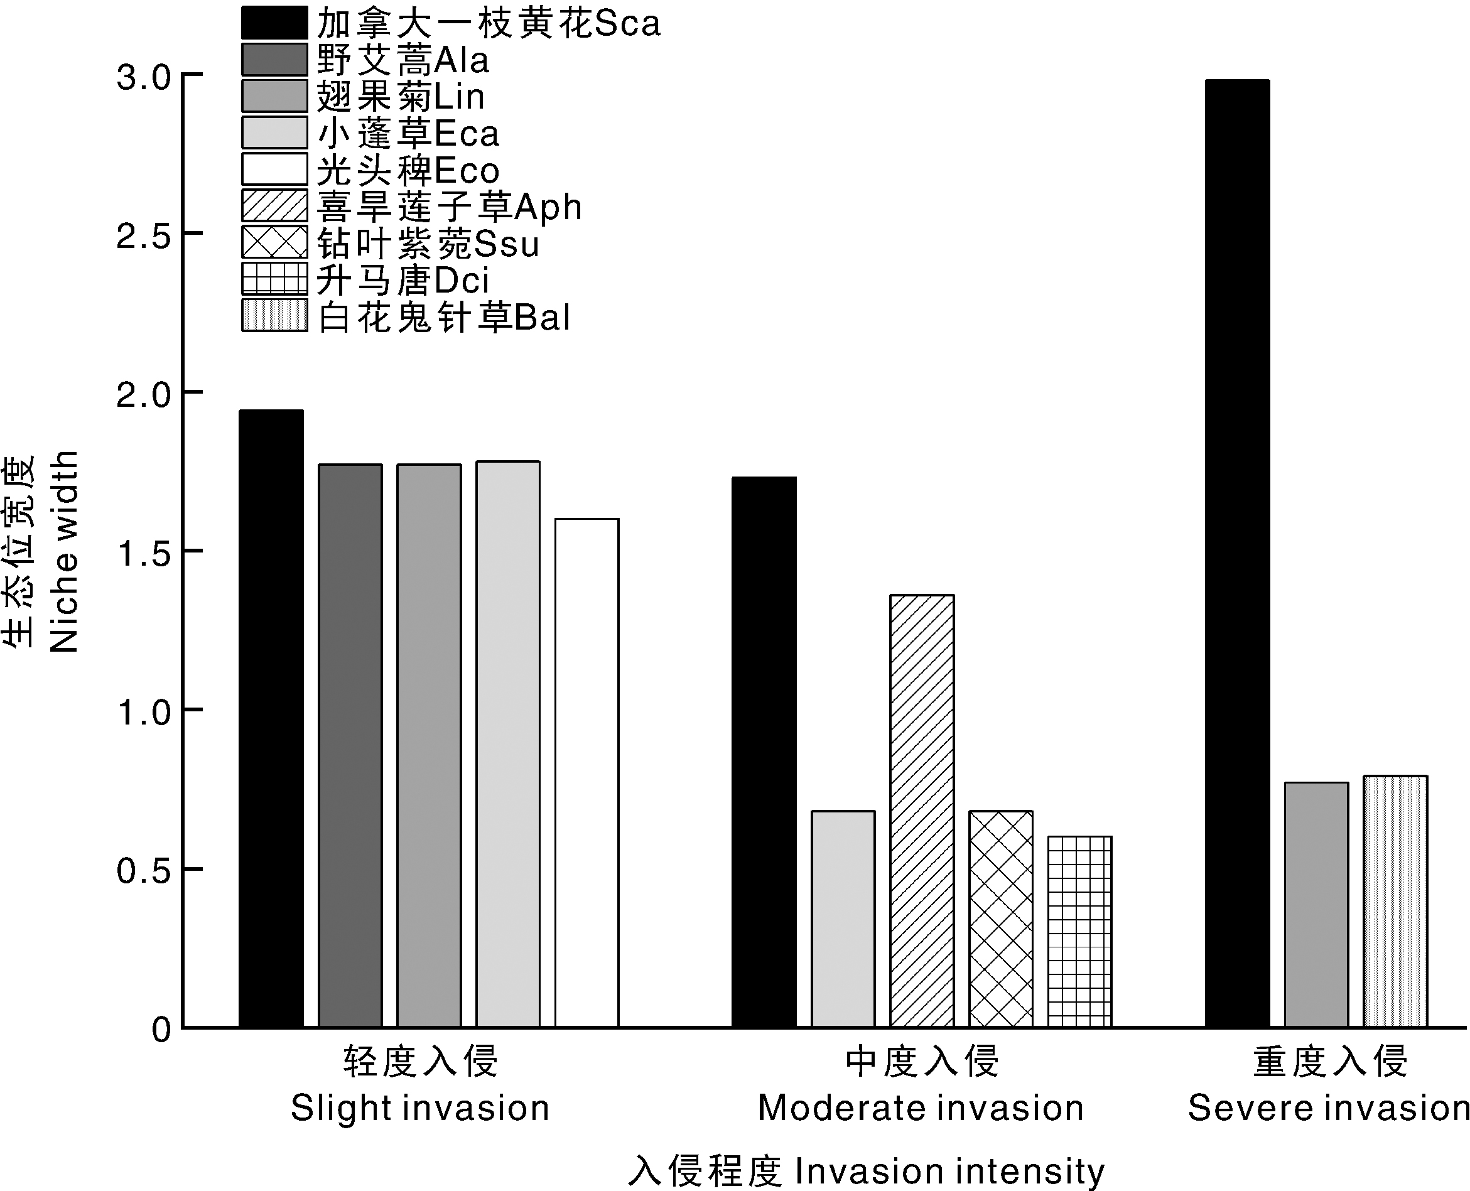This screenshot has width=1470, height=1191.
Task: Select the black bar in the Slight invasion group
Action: pyautogui.click(x=271, y=718)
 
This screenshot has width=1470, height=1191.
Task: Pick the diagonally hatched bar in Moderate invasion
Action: pyautogui.click(x=922, y=811)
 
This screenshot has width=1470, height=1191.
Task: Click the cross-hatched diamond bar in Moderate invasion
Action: pyautogui.click(x=1000, y=919)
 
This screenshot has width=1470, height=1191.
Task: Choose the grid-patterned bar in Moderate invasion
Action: pyautogui.click(x=1079, y=931)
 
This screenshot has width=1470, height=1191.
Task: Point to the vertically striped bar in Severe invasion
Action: pyautogui.click(x=1395, y=901)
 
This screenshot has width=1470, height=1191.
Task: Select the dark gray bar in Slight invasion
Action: pyautogui.click(x=350, y=745)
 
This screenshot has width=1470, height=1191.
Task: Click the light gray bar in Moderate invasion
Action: pyautogui.click(x=843, y=919)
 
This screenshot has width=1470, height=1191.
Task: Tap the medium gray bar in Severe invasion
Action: pyautogui.click(x=1316, y=904)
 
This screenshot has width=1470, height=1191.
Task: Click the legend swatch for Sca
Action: pyautogui.click(x=274, y=23)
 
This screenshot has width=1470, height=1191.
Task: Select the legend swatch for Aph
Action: pyautogui.click(x=274, y=205)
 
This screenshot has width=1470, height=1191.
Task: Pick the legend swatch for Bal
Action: pyautogui.click(x=274, y=316)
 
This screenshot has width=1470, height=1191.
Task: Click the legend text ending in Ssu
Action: pyautogui.click(x=428, y=243)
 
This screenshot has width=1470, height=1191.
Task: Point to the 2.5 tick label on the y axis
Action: pyautogui.click(x=143, y=237)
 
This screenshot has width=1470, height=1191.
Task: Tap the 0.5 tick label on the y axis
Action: pyautogui.click(x=143, y=871)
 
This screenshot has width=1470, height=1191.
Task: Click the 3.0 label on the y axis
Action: pyautogui.click(x=143, y=77)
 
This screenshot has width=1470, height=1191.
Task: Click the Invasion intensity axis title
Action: pyautogui.click(x=866, y=1170)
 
